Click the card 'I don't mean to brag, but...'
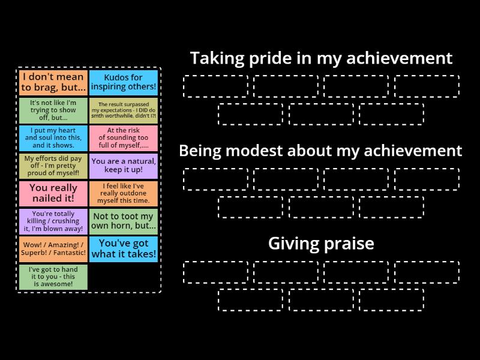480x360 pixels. coord(53,83)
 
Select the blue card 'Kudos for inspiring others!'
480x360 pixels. coord(124,83)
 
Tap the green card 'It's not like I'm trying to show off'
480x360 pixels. coord(53,110)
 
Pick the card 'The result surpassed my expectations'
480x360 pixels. coord(124,110)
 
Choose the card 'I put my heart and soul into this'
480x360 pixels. coord(53,138)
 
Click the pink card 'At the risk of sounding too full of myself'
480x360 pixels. coord(124,138)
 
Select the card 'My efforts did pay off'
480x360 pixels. coord(53,166)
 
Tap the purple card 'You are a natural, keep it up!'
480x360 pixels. coord(124,166)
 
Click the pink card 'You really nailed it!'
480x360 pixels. coord(53,194)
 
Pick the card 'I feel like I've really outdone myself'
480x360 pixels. coord(124,194)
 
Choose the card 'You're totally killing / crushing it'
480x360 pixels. coord(53,221)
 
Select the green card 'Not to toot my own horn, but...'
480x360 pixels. coord(124,221)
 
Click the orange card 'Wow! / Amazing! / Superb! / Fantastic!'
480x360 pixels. coord(53,249)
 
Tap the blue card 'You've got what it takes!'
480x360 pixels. coord(124,249)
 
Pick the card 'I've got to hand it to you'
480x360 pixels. coord(53,277)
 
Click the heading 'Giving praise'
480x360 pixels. coord(320,244)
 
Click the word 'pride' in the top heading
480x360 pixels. coord(265,58)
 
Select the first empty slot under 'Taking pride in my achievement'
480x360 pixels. coord(215,86)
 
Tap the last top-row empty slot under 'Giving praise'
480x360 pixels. coord(427,272)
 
